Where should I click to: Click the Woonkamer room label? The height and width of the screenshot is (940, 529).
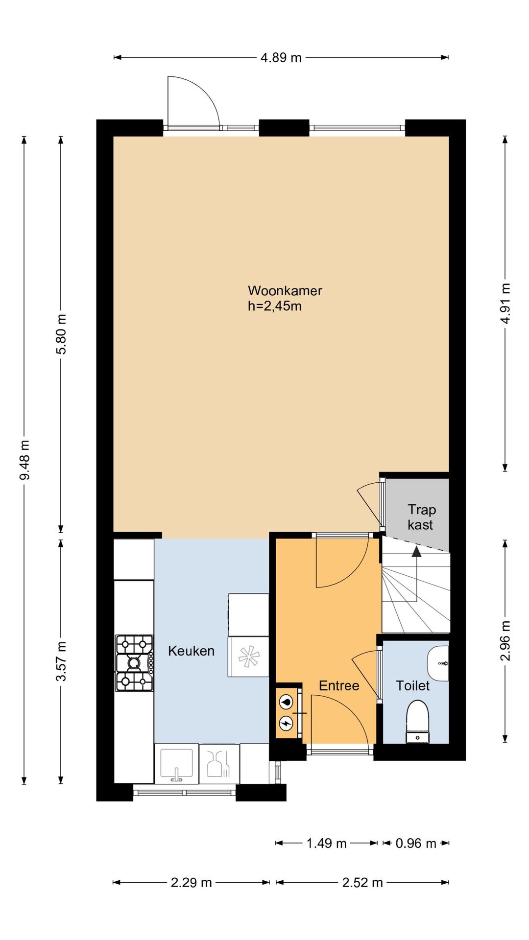coord(285,290)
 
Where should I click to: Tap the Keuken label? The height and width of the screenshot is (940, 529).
coord(191,651)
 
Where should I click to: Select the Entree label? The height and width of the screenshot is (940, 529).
coord(339,685)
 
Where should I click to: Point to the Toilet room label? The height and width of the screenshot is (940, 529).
coord(412,685)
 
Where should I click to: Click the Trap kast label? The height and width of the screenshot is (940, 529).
coord(421,517)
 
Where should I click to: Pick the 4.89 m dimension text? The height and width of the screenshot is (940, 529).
coord(281,58)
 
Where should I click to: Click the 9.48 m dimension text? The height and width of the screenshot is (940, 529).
coord(24,460)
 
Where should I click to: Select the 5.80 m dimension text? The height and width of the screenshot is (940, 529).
coord(61,334)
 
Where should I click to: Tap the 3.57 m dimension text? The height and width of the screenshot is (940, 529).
coord(61,661)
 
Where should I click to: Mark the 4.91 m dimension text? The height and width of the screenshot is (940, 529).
coord(506,303)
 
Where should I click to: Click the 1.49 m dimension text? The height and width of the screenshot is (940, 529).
coord(326,843)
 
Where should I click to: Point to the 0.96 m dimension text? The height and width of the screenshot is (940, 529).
coord(416,843)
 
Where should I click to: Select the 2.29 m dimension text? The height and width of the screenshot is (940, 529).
coord(191,882)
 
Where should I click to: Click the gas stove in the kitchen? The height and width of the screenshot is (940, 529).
coord(134,663)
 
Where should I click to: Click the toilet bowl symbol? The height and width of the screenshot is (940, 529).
coord(418,722)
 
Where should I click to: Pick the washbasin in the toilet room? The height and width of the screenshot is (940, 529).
coord(438,663)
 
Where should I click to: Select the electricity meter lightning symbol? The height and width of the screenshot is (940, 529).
coord(286,723)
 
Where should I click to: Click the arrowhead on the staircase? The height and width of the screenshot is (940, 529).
coord(416,551)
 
